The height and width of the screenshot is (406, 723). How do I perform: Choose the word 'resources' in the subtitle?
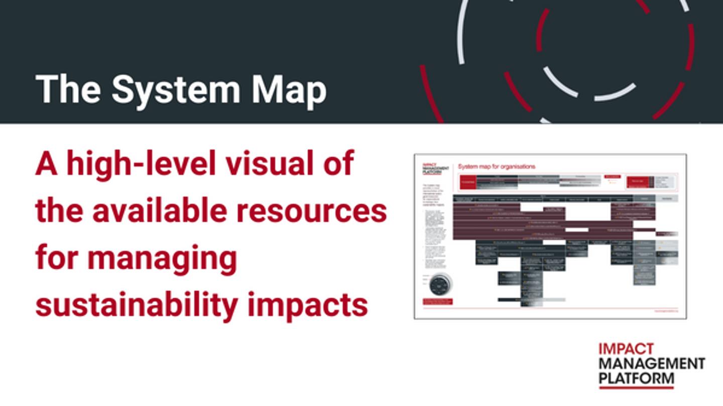point(311,211)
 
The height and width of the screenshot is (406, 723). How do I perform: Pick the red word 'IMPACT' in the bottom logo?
point(626,349)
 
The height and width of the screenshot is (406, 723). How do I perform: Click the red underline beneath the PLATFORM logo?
point(637,387)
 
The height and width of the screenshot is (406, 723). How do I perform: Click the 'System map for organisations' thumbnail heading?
point(497,166)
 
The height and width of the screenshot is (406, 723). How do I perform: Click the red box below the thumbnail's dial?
point(437,302)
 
